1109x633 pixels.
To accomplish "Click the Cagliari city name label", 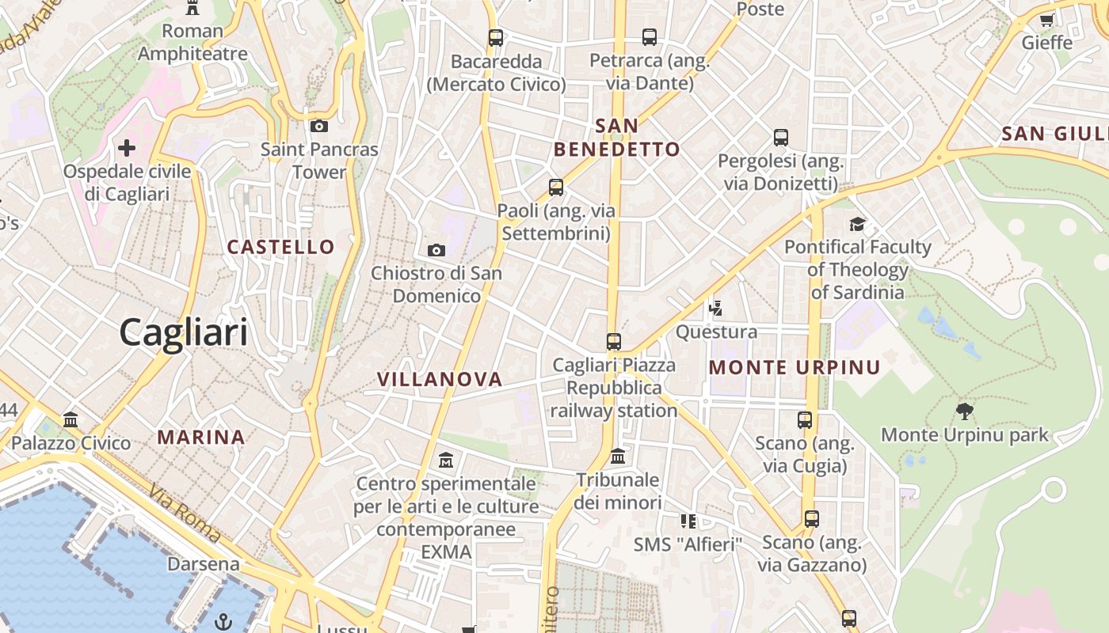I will click(x=184, y=332).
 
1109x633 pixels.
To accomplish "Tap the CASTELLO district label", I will click(x=281, y=247).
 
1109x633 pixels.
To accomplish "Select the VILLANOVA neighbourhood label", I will click(x=440, y=379).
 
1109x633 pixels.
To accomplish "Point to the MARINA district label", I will click(x=201, y=437).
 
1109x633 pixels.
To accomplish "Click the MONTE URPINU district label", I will click(x=795, y=367).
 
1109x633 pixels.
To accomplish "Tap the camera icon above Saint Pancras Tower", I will click(x=318, y=126).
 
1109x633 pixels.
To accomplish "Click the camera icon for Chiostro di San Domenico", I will click(x=436, y=250).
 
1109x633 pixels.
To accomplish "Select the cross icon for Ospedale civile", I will click(x=127, y=148).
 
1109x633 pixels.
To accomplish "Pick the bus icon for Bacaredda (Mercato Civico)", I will click(x=496, y=37).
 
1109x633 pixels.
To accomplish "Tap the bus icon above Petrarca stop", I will click(x=650, y=36).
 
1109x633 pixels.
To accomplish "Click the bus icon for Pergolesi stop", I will click(x=781, y=137).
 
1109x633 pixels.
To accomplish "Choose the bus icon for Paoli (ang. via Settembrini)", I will click(x=556, y=188).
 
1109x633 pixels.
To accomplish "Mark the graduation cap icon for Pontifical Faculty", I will click(x=857, y=224).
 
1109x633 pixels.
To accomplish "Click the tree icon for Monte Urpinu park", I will click(x=964, y=411).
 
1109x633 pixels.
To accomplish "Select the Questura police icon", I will click(x=716, y=308).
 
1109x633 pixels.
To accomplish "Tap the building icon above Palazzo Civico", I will click(x=71, y=419).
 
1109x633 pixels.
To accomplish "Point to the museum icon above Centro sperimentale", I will click(x=446, y=460).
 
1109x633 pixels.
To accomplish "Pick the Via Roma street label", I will click(x=185, y=514).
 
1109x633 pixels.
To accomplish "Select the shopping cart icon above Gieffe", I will click(x=1046, y=20).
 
